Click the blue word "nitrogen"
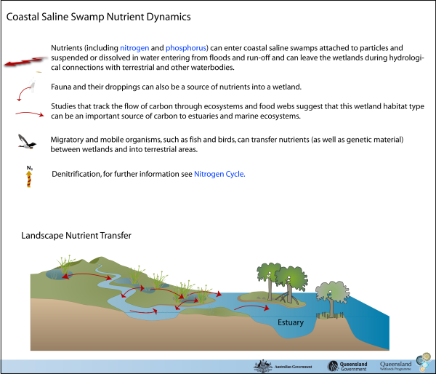pos(134,48)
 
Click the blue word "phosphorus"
pos(185,48)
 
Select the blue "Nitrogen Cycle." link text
pos(219,174)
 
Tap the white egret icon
pos(33,81)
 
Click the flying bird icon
pos(25,141)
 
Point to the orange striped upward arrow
pos(29,178)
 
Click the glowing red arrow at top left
pos(25,62)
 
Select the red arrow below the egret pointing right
pos(30,114)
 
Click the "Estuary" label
pos(290,322)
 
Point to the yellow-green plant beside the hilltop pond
pos(66,263)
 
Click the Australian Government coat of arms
pos(262,365)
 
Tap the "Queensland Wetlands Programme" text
pos(395,365)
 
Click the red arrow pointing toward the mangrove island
pos(251,309)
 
